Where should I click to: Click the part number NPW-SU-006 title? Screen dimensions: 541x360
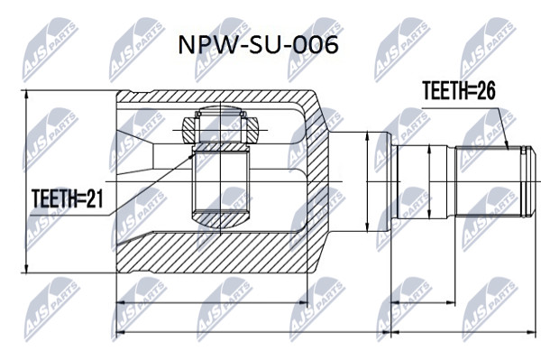[x=258, y=45]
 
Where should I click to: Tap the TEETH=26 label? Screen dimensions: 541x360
[x=459, y=91]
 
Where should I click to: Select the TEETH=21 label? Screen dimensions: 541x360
[x=68, y=198]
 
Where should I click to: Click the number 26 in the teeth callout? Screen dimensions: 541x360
[x=486, y=91]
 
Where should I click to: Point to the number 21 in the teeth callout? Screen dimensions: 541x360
[x=95, y=198]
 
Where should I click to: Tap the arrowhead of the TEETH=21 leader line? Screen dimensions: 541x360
[x=191, y=156]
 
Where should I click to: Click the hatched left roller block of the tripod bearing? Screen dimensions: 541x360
[x=189, y=130]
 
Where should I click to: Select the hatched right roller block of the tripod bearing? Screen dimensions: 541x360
[x=252, y=130]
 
